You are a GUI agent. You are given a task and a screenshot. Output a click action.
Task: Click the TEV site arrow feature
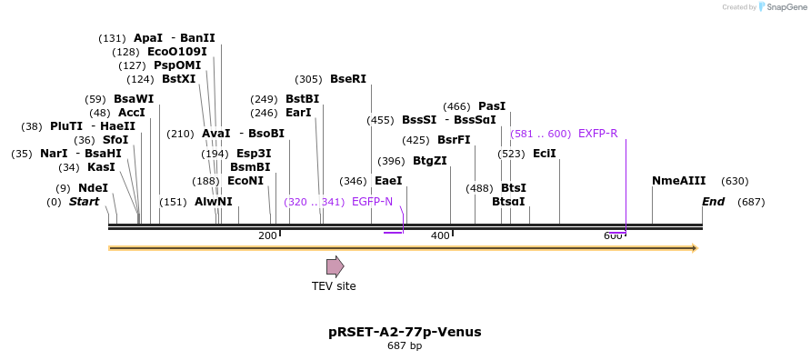[x=335, y=266]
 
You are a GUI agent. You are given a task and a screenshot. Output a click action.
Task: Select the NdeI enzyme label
[x=93, y=188]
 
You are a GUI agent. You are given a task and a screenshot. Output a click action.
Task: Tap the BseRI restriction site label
[x=348, y=79]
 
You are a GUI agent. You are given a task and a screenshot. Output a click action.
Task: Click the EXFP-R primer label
[x=597, y=134]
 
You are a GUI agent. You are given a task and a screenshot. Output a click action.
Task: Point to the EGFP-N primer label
[x=372, y=202]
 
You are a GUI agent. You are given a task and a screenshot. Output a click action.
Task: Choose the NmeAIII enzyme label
[x=678, y=181]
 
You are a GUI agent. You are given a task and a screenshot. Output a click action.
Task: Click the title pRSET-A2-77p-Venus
[x=405, y=332]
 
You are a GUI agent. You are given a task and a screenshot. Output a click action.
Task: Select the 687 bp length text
[x=405, y=346]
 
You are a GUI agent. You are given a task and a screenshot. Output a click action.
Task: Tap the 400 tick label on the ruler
[x=440, y=236]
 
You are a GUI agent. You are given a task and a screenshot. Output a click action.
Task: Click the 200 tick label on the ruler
[x=267, y=236]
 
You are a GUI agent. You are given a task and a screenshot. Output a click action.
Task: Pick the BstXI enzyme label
[x=178, y=79]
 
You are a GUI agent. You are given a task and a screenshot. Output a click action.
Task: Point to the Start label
[x=85, y=202]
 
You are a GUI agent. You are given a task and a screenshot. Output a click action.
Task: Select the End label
[x=714, y=202]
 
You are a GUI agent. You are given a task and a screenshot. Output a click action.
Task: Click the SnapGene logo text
[x=785, y=7]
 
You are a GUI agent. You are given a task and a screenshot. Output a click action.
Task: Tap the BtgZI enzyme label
[x=429, y=161]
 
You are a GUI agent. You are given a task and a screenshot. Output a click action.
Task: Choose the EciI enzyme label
[x=544, y=154]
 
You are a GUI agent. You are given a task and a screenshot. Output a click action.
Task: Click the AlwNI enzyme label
[x=213, y=202]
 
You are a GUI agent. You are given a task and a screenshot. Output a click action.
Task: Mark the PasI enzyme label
[x=491, y=106]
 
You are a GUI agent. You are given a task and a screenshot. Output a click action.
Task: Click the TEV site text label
[x=334, y=286]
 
